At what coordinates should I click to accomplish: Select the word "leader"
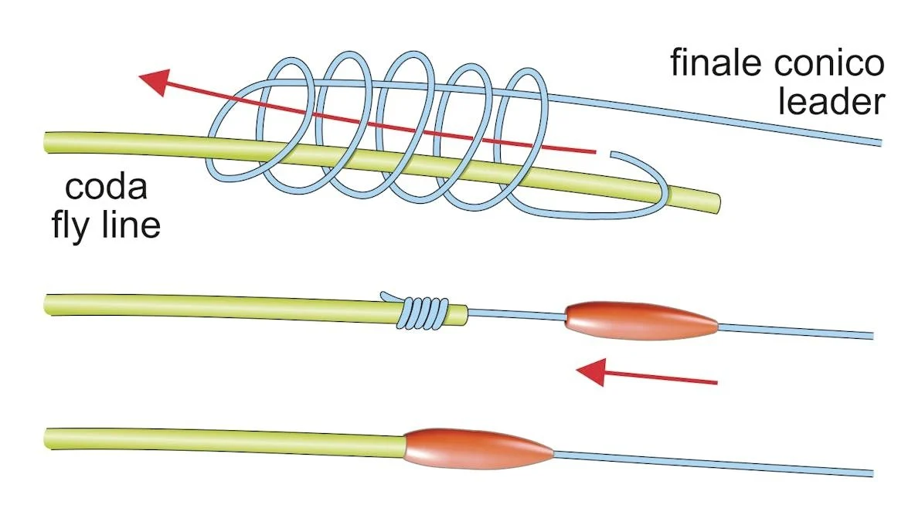[x=832, y=100]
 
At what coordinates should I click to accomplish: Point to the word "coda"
[x=106, y=187]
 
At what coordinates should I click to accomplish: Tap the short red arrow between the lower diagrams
[x=646, y=373]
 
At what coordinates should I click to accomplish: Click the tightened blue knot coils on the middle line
[x=424, y=313]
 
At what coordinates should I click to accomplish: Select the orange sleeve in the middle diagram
[x=641, y=320]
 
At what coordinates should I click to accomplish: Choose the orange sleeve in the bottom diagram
[x=478, y=449]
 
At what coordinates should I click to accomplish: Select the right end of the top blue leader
[x=880, y=143]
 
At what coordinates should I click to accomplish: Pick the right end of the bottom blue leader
[x=872, y=473]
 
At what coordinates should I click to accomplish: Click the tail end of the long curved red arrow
[x=594, y=152]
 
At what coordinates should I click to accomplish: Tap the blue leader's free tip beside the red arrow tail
[x=611, y=154]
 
